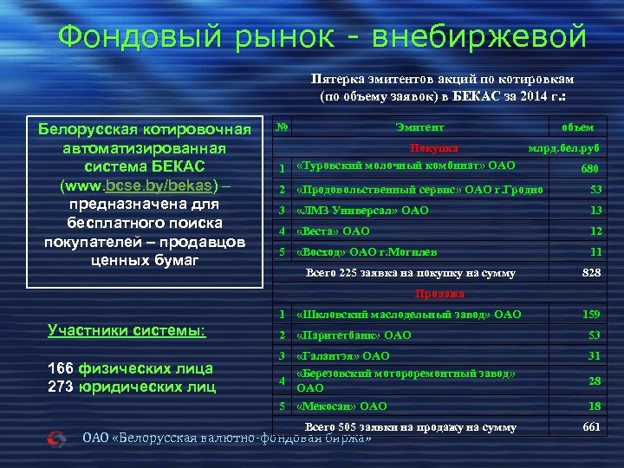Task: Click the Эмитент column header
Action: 415,127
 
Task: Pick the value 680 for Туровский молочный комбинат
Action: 590,169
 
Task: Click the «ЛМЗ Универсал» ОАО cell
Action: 362,211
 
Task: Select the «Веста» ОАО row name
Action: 333,231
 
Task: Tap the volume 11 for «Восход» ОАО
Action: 596,252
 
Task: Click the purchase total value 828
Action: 591,273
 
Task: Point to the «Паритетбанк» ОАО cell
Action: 354,335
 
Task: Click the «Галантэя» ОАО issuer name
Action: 343,356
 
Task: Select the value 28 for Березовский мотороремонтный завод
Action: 595,381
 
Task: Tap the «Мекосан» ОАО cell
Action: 341,406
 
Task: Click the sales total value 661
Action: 592,426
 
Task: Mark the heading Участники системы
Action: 126,330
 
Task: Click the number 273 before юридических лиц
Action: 60,387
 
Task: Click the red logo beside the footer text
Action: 56,438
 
